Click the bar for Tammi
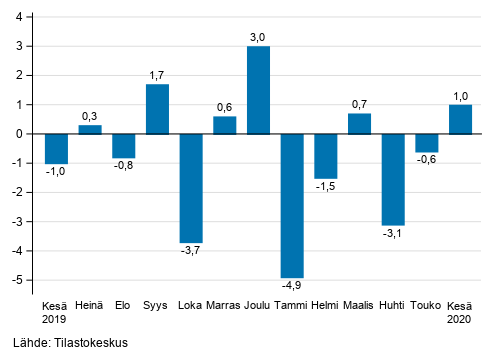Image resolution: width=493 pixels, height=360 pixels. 292,205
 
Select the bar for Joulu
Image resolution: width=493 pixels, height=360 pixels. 258,90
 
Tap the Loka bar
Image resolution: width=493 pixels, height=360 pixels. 191,188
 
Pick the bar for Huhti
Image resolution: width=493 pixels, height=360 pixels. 393,179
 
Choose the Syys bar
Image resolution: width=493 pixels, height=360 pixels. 157,109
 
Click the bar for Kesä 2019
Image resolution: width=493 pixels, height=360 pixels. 56,148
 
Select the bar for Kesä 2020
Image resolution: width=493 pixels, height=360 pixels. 460,119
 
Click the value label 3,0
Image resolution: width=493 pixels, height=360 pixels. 258,37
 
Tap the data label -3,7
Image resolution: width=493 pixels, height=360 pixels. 191,251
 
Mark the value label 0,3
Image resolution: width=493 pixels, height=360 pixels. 90,116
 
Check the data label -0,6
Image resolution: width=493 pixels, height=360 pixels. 427,160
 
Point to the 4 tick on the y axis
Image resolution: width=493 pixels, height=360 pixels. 22,17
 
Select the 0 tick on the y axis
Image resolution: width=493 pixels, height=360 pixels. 22,134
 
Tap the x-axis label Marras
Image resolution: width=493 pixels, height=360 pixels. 224,305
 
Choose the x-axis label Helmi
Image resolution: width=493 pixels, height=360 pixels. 325,305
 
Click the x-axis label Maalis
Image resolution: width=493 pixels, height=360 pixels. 359,305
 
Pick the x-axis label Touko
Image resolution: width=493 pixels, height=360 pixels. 427,305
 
